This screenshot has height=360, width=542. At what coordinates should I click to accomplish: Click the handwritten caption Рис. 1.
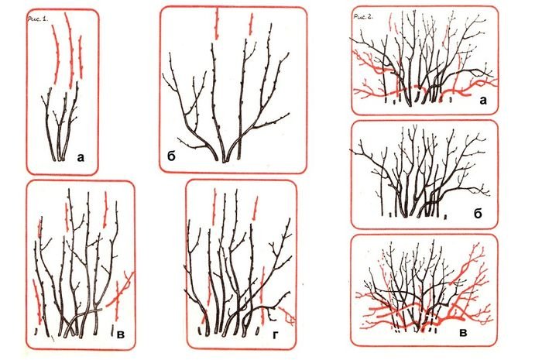(x=38, y=19)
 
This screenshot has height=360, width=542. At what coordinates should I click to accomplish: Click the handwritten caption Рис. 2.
(x=363, y=16)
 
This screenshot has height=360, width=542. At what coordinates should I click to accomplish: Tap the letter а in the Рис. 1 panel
(x=81, y=158)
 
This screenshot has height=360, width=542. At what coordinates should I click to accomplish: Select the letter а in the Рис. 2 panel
(x=483, y=101)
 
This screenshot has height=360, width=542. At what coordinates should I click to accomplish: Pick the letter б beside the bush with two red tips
(x=171, y=156)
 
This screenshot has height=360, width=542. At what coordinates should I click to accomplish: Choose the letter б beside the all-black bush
(x=478, y=214)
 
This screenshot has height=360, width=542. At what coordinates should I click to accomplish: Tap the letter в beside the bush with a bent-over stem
(x=121, y=334)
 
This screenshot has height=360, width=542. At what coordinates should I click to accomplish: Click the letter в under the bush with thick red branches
(x=464, y=333)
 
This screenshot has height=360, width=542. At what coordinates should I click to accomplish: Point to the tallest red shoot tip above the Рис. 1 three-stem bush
(x=70, y=50)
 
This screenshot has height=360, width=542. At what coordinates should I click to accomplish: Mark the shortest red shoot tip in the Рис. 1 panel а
(x=81, y=57)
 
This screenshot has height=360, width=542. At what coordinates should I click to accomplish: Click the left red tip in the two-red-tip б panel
(x=217, y=23)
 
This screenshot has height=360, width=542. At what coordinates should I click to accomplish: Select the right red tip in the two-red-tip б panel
(x=251, y=24)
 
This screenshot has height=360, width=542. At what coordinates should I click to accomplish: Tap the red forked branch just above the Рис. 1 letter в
(x=122, y=290)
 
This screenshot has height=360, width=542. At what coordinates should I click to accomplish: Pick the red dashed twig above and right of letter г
(x=256, y=208)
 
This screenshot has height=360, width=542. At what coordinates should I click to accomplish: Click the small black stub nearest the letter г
(x=257, y=332)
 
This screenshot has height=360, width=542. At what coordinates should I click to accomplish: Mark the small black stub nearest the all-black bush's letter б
(x=446, y=217)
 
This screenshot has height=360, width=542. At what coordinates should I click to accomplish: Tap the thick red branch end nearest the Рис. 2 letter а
(x=467, y=94)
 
